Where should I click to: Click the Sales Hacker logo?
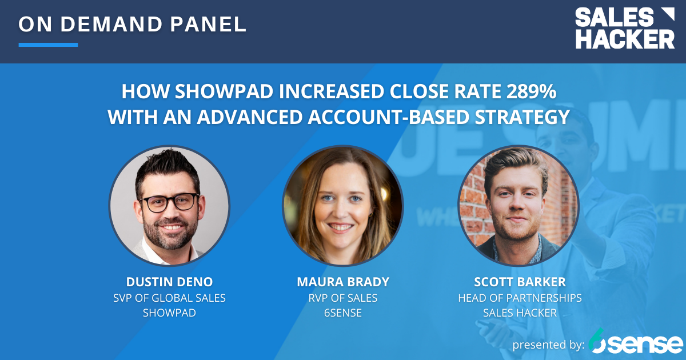click(624, 29)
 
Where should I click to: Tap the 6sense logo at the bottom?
click(636, 342)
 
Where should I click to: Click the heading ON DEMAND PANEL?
click(133, 24)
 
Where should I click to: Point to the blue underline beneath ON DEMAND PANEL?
click(48, 45)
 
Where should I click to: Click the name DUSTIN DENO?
click(169, 282)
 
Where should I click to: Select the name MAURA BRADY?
click(342, 282)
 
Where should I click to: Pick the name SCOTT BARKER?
click(519, 282)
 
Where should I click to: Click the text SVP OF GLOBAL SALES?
click(169, 298)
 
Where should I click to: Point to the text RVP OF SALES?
click(342, 298)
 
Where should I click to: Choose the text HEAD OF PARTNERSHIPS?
click(519, 298)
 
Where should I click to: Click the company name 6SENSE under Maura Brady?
click(342, 313)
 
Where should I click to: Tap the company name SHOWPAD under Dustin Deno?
click(169, 313)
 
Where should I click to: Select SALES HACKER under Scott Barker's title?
click(519, 313)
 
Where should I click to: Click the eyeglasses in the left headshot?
click(169, 202)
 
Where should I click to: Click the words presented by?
click(548, 345)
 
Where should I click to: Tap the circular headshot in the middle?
click(342, 205)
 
